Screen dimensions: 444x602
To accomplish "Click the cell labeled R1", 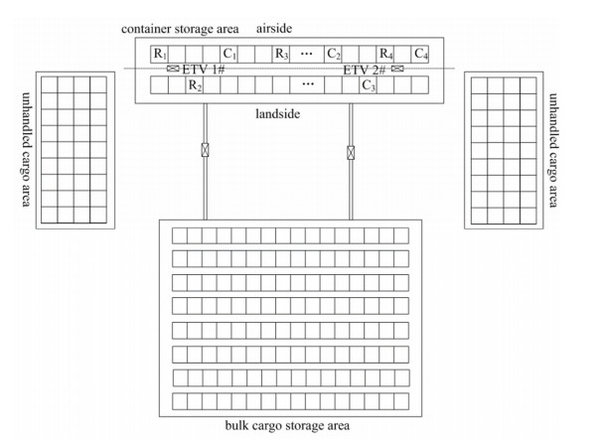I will coord(160,53).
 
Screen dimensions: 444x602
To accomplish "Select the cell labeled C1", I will coord(230,53).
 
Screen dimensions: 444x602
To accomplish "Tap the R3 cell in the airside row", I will coord(282,53).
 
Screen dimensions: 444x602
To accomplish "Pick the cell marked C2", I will coord(335,53).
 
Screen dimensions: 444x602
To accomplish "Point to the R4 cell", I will coord(386,53).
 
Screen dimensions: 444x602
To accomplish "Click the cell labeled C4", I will coord(421,53).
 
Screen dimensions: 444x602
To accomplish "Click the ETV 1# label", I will coord(203,70).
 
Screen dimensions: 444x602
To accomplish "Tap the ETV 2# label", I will coord(365,70).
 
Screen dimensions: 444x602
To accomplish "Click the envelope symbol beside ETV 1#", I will coord(171,70).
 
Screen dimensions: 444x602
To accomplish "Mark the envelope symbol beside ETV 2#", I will coord(398,70).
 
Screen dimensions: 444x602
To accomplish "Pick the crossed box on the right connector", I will coord(351,153).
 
